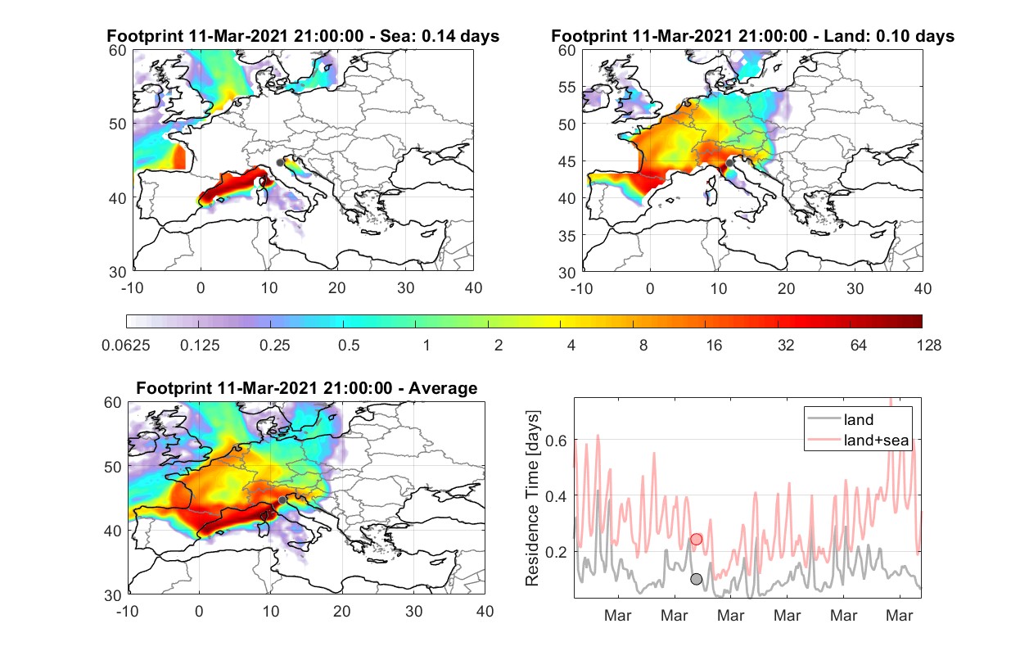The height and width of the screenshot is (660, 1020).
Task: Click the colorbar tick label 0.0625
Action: pyautogui.click(x=126, y=346)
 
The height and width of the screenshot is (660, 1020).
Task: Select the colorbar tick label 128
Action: pyautogui.click(x=928, y=346)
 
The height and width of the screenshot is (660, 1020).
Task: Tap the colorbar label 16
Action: pyautogui.click(x=714, y=346)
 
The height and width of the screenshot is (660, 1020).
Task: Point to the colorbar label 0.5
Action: pyautogui.click(x=349, y=346)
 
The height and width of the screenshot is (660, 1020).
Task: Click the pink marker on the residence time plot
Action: pyautogui.click(x=697, y=540)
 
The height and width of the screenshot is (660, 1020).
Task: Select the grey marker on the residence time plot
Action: pyautogui.click(x=697, y=579)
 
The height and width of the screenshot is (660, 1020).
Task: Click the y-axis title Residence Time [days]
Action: pyautogui.click(x=532, y=499)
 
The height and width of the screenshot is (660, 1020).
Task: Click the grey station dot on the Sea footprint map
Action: pyautogui.click(x=280, y=163)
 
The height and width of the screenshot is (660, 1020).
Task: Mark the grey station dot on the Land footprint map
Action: pyautogui.click(x=729, y=163)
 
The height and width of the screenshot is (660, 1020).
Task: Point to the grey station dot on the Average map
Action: pyautogui.click(x=282, y=500)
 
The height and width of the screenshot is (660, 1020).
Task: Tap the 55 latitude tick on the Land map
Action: pyautogui.click(x=566, y=87)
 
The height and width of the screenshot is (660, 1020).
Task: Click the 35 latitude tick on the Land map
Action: pyautogui.click(x=566, y=236)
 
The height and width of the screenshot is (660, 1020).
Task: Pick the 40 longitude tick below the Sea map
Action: pyautogui.click(x=473, y=288)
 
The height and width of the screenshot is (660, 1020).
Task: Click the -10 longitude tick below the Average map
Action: pyautogui.click(x=128, y=611)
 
